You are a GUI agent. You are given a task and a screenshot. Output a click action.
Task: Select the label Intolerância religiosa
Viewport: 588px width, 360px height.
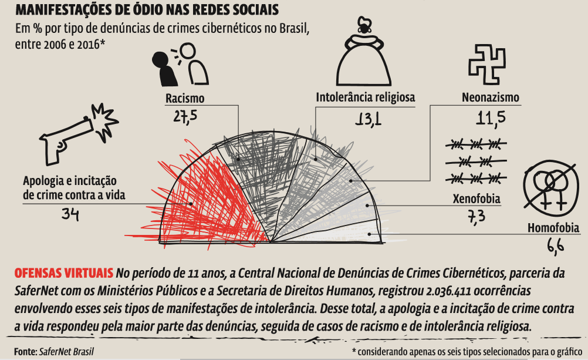click(365, 97)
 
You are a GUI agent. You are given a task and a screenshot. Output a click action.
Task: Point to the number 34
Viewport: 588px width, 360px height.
click(70, 214)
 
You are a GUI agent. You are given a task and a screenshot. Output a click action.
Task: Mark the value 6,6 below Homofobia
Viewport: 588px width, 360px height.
click(556, 245)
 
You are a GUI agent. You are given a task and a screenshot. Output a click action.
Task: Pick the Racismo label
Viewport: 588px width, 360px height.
click(184, 99)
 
